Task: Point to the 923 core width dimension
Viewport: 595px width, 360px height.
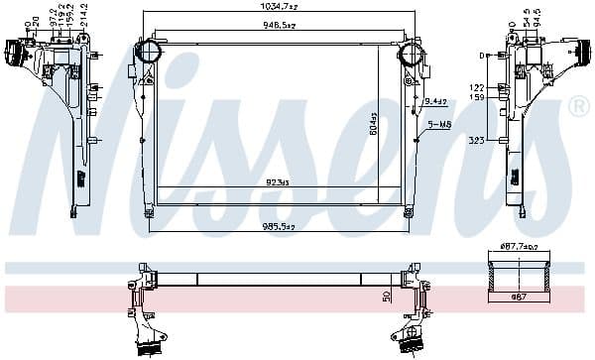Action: tap(276, 182)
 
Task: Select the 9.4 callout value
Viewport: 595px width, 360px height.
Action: tap(434, 101)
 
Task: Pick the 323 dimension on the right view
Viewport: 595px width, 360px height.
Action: tap(478, 142)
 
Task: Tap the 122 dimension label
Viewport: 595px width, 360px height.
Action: tap(477, 87)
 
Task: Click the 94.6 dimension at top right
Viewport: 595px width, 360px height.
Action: tap(536, 17)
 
